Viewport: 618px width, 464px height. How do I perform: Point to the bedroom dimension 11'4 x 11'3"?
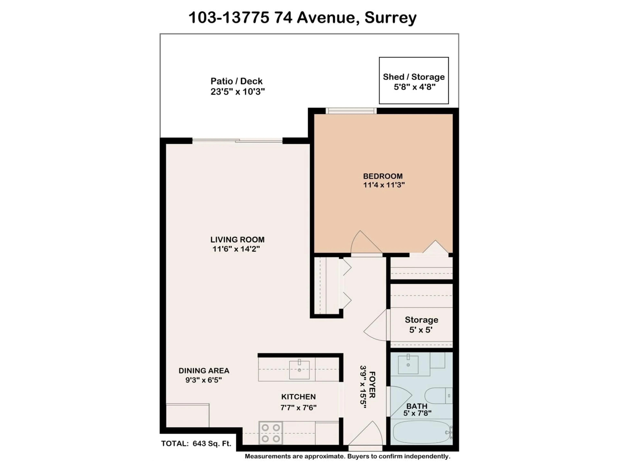pyautogui.click(x=384, y=185)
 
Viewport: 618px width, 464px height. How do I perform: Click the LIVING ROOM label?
pyautogui.click(x=237, y=240)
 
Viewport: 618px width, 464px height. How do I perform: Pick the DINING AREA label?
pyautogui.click(x=204, y=371)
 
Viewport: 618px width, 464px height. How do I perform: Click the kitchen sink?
pyautogui.click(x=299, y=370)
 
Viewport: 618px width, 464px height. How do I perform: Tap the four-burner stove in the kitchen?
pyautogui.click(x=270, y=433)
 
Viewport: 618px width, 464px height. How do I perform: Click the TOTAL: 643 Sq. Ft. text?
pyautogui.click(x=196, y=444)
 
